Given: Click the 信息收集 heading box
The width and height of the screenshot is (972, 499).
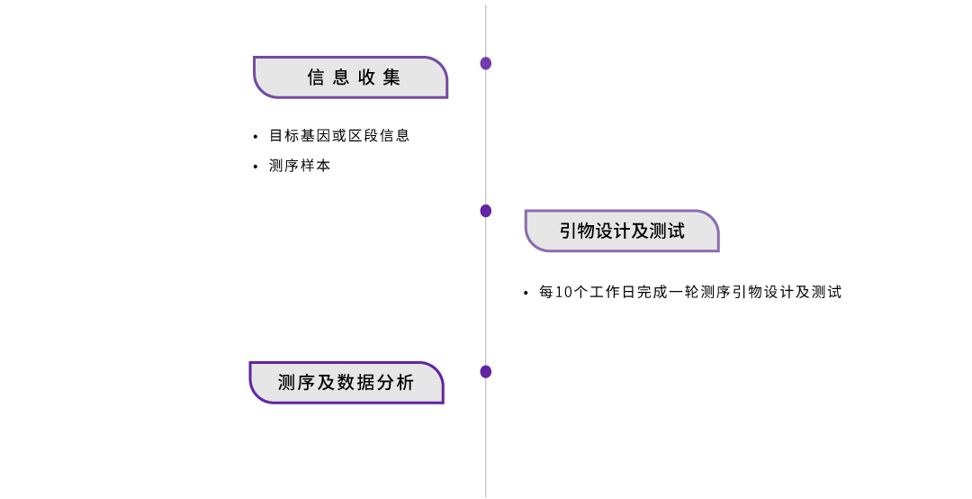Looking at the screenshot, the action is (350, 77).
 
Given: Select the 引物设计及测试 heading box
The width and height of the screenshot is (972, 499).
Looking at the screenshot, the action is (622, 231).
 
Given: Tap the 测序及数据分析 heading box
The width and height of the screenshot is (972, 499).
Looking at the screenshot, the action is (346, 383).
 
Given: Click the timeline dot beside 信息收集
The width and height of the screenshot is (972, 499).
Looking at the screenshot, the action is (486, 63).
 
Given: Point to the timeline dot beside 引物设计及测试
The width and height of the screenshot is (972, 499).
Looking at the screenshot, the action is (486, 211).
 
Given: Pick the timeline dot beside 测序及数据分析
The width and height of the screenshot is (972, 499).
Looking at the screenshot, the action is (486, 372).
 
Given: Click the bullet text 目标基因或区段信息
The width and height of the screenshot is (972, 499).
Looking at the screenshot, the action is (339, 135).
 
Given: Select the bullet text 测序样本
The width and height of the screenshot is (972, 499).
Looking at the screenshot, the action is (300, 166).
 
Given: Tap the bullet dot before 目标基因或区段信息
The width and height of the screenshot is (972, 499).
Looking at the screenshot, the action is (256, 137).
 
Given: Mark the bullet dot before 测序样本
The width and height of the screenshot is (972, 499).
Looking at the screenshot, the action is (256, 167).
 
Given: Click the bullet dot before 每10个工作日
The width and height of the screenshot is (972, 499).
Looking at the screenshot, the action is (526, 293).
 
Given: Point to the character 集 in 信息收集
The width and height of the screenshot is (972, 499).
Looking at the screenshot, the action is (391, 77).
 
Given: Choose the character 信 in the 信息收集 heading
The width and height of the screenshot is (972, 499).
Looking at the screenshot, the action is (316, 77).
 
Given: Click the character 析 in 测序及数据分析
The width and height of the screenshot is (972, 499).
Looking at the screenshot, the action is (405, 383).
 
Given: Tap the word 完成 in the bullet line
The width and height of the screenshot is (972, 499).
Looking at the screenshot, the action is (652, 293).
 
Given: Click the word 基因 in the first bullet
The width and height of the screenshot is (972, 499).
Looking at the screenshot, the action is (316, 135).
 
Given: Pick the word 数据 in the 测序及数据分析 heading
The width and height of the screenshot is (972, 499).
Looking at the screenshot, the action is (356, 383).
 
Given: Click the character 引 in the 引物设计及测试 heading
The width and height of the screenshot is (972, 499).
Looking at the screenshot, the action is (569, 231).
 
